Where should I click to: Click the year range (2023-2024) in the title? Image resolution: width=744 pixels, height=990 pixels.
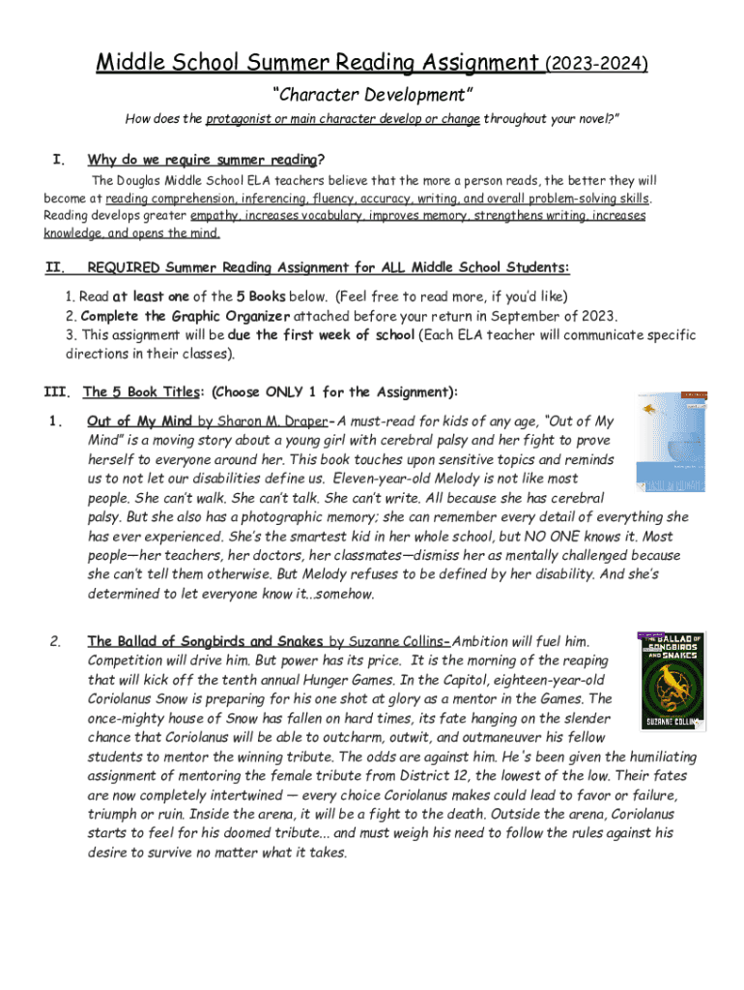click(x=596, y=64)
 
